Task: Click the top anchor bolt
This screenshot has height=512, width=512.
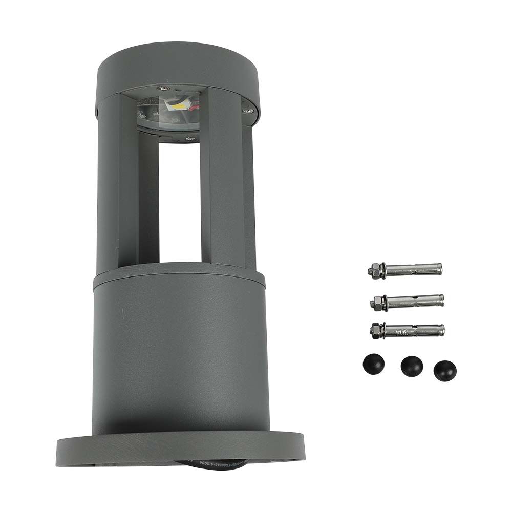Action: coord(404,269)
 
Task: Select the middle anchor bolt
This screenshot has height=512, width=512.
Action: coord(407,302)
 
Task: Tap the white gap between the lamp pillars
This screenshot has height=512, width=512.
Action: coord(179,200)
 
